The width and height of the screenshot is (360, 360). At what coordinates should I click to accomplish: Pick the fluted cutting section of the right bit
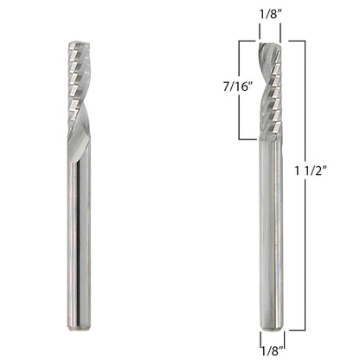click(x=271, y=87)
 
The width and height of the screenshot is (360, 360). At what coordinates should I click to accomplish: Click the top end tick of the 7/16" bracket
click(x=247, y=41)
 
